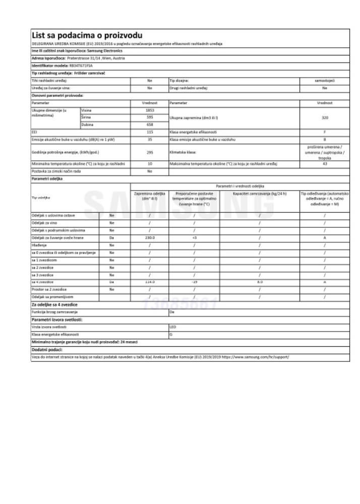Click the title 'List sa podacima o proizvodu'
point(87,35)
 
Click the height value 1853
point(149,109)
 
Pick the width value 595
point(149,116)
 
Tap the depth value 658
point(149,123)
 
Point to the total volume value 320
point(324,116)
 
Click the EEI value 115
point(149,131)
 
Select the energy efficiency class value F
point(324,131)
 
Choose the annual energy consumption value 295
point(149,152)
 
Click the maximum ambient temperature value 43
point(324,164)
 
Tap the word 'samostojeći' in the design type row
point(324,80)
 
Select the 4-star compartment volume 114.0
point(149,282)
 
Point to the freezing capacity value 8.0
point(259,282)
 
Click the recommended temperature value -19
point(194,282)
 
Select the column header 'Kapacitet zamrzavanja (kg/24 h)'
point(259,194)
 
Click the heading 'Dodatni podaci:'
point(47,349)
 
